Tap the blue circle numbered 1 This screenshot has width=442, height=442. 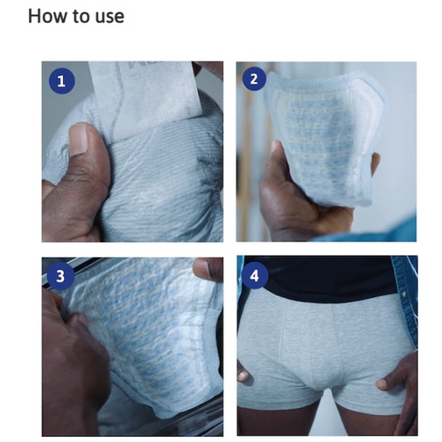(61, 81)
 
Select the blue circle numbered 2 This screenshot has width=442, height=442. (254, 79)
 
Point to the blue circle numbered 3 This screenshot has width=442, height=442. (61, 276)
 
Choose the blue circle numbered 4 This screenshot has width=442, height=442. (254, 276)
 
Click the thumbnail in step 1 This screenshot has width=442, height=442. (79, 138)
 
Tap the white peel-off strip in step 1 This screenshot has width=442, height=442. (145, 96)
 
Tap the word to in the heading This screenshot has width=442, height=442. (81, 16)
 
